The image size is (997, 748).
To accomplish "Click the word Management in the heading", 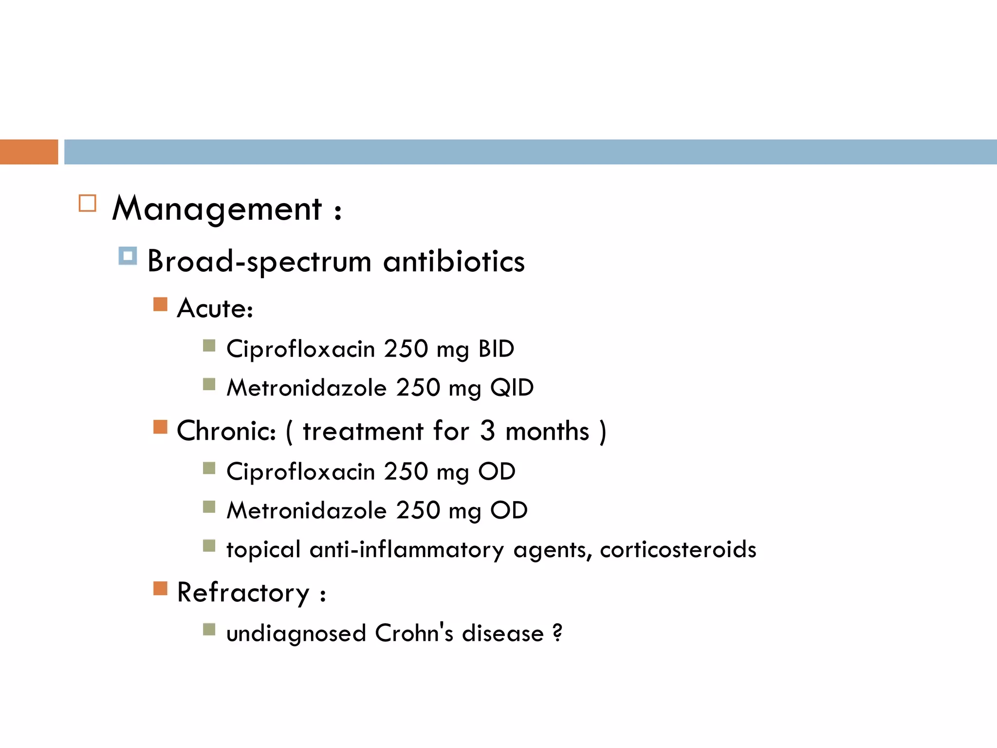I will [x=217, y=209].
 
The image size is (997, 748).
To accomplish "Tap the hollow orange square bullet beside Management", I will [x=88, y=203].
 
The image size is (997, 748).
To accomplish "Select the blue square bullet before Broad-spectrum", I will [x=128, y=256].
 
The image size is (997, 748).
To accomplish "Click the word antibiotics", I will [x=454, y=261].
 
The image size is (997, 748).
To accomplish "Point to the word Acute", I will [x=215, y=308].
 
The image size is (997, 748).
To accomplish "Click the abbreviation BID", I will [x=496, y=349].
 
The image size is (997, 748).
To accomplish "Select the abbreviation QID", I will [x=512, y=388].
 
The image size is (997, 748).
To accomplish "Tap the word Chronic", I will [x=226, y=431].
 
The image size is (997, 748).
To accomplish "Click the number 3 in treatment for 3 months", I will [x=487, y=431].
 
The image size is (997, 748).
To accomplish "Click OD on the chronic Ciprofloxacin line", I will [x=497, y=471].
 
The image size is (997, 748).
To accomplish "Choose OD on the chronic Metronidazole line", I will [x=509, y=511].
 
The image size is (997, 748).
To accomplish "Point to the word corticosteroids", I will [x=678, y=550].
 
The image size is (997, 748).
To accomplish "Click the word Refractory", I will [x=243, y=593].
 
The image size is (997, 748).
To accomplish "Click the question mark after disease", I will [x=557, y=633].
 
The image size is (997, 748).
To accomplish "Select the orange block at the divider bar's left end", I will [x=29, y=152].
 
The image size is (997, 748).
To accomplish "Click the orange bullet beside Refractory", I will [x=160, y=588].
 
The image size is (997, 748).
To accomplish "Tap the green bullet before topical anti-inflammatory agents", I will [x=209, y=545].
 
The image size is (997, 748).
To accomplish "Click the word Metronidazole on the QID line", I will [x=307, y=388].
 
